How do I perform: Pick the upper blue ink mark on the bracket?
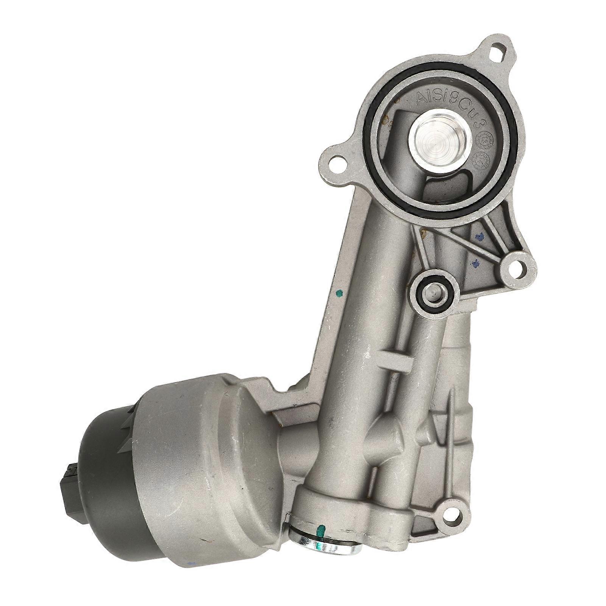coord(481,237)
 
